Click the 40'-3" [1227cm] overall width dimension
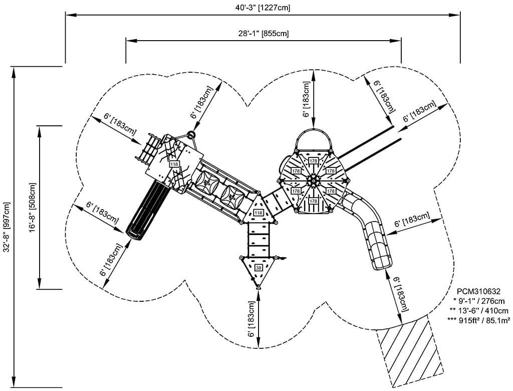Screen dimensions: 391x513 (263, 8)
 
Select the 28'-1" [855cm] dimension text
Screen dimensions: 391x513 (263, 34)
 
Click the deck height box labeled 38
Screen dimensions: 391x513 (259, 268)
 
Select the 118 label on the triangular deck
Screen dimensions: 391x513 (259, 213)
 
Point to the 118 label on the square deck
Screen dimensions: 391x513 (174, 164)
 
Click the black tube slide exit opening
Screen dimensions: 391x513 (133, 232)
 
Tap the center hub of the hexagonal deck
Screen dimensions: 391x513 (313, 181)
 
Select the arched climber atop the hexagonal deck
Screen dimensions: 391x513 (314, 138)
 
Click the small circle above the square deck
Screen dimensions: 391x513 (191, 134)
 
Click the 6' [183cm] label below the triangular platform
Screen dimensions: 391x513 (251, 319)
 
